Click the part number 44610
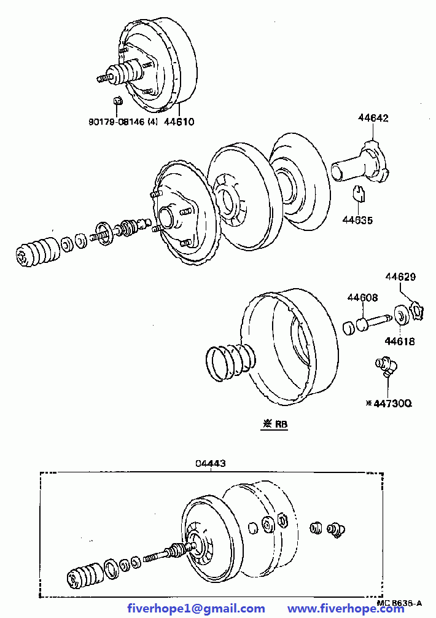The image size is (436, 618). pos(179,122)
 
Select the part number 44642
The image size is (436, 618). pos(373,118)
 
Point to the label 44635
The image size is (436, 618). pos(357,220)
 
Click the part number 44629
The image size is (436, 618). pos(400,276)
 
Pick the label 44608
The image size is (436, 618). pos(362,297)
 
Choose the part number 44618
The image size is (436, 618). pos(400,342)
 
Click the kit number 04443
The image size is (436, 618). pos(211,463)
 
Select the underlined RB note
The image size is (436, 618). pos(274,424)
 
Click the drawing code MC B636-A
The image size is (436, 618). pos(399,603)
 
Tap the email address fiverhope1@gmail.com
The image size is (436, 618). pos(196,609)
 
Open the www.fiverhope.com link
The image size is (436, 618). pos(346,609)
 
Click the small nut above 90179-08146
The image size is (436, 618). pos(117,101)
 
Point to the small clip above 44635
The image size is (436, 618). pos(359,193)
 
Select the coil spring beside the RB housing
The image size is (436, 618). pos(230,361)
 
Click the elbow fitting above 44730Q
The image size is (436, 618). pos(386,367)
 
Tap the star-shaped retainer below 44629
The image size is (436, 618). pos(416,310)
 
